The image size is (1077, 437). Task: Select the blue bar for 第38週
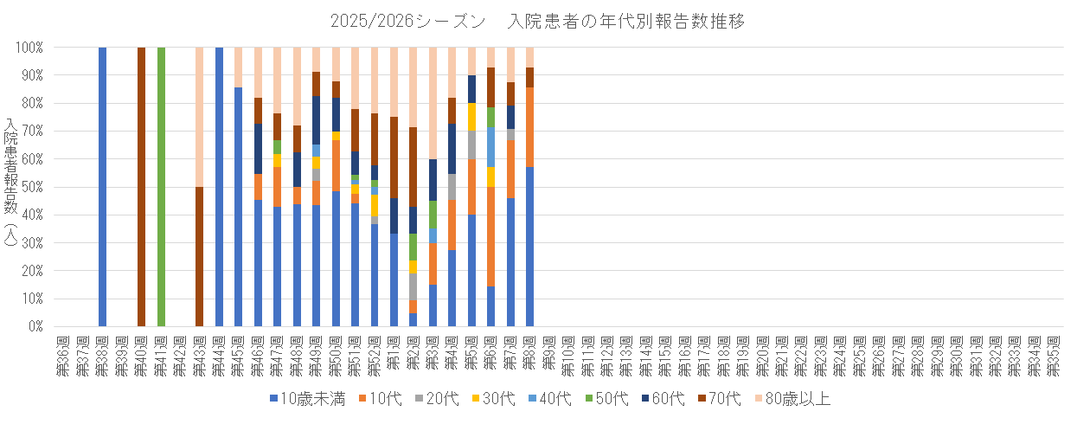pos(102,187)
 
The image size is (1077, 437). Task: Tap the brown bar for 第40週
pos(141,187)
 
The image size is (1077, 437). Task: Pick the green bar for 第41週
pos(161,187)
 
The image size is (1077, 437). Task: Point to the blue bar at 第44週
pos(219,187)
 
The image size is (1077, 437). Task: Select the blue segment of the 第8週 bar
pos(529,247)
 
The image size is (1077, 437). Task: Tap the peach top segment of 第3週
pos(433,103)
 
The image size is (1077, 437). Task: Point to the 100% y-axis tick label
pos(30,48)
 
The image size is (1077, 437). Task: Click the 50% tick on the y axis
pos(33,187)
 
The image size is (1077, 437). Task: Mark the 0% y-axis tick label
pos(36,327)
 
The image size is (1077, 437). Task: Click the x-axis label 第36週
pos(63,355)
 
